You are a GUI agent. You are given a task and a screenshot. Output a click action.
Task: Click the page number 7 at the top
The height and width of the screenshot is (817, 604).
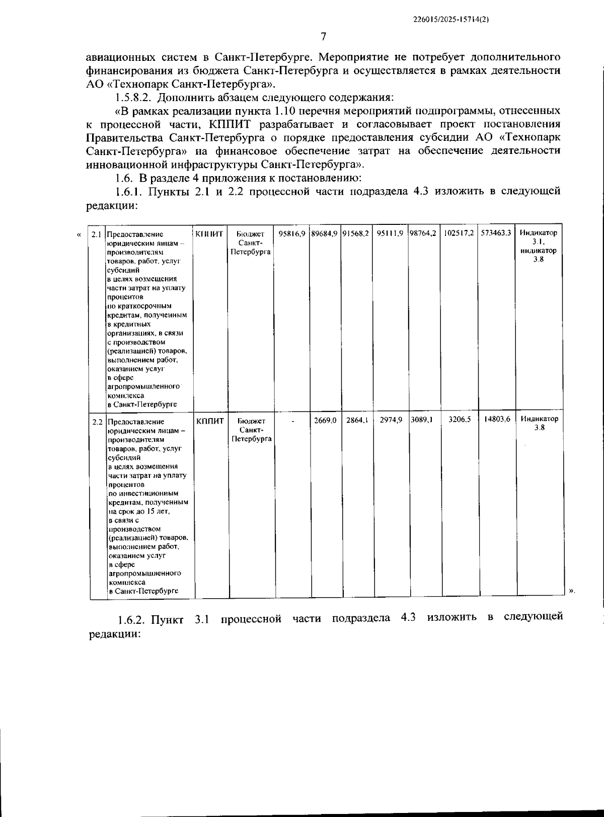324,36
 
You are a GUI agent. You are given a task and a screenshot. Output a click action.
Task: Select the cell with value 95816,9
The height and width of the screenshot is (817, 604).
292,233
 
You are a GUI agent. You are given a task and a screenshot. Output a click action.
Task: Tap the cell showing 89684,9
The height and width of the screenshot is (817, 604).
324,233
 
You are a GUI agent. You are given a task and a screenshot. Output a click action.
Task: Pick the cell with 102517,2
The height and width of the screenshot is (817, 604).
459,233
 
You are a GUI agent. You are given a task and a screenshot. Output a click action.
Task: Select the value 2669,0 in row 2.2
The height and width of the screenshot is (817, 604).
325,420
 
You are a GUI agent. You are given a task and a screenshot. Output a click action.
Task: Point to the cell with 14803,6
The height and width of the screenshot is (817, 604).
497,419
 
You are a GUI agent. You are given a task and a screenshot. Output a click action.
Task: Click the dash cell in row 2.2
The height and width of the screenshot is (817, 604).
293,420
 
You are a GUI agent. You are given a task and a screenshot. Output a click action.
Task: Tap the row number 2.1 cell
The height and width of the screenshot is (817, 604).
96,234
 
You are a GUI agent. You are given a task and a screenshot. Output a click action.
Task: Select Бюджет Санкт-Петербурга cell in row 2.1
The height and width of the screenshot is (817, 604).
250,242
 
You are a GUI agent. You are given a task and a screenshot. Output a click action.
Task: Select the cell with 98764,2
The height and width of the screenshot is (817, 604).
423,233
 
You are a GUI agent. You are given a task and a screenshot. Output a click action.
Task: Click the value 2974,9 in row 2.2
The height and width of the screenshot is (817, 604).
391,420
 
